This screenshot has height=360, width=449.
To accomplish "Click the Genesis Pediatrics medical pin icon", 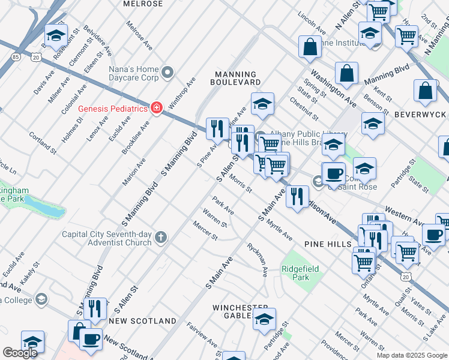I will [157, 108].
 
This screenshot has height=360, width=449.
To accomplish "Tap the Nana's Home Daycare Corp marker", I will [167, 73].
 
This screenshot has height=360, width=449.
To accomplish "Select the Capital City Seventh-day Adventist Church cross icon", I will [160, 238].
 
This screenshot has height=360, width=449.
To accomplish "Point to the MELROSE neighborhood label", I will [143, 4].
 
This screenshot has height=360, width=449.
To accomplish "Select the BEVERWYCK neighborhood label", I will [420, 114].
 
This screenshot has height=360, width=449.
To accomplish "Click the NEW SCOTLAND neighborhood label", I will [142, 321].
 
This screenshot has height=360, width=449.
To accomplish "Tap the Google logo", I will [20, 353].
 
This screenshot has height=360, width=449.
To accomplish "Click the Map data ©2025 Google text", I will [411, 355].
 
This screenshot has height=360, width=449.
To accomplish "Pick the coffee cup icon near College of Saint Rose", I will [334, 173].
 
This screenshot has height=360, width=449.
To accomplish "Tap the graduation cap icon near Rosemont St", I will [56, 35].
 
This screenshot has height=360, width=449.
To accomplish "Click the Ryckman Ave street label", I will [258, 260].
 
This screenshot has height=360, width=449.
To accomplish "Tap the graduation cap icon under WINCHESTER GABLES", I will [264, 320].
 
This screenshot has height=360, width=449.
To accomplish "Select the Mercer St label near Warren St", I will [205, 230].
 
